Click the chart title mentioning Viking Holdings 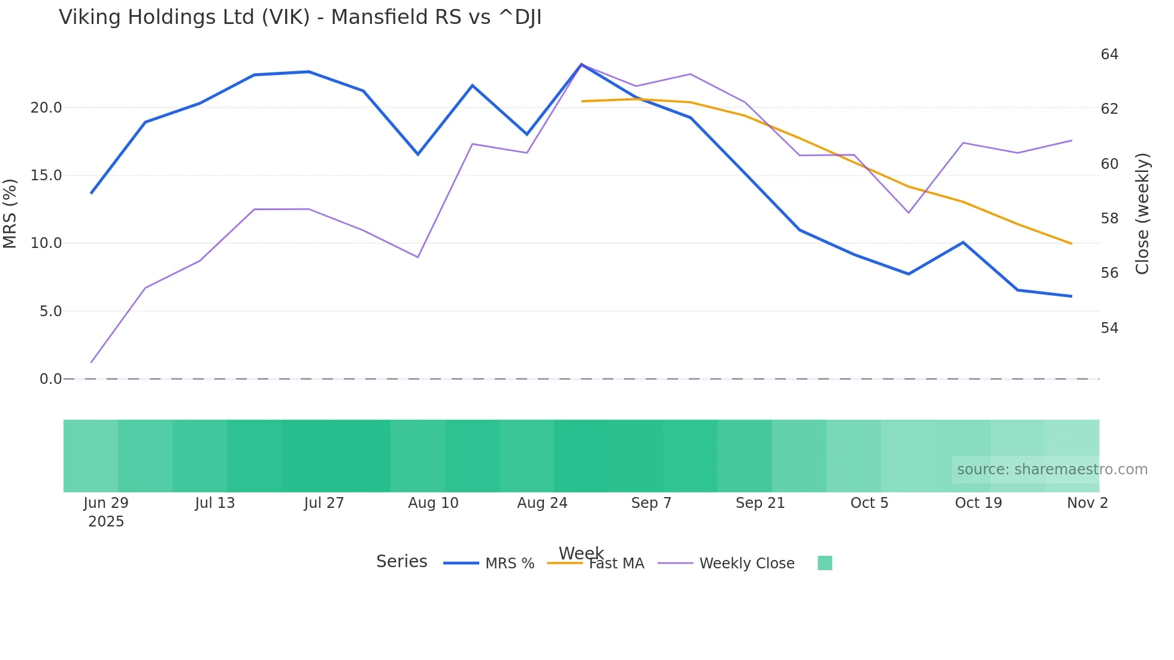[300, 17]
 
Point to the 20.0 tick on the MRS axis [46, 108]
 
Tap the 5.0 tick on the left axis [50, 311]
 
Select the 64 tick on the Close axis [1109, 55]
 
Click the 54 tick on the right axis [1109, 328]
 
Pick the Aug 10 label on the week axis [433, 503]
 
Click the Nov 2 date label [1087, 503]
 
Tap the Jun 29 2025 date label [106, 512]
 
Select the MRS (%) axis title [10, 213]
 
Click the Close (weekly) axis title [1142, 214]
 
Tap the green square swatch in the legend [825, 563]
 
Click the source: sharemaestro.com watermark [1052, 470]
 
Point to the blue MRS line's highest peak [581, 64]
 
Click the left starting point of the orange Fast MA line [582, 101]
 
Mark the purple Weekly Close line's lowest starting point [91, 362]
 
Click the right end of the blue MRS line [1071, 296]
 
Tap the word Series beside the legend [401, 562]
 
